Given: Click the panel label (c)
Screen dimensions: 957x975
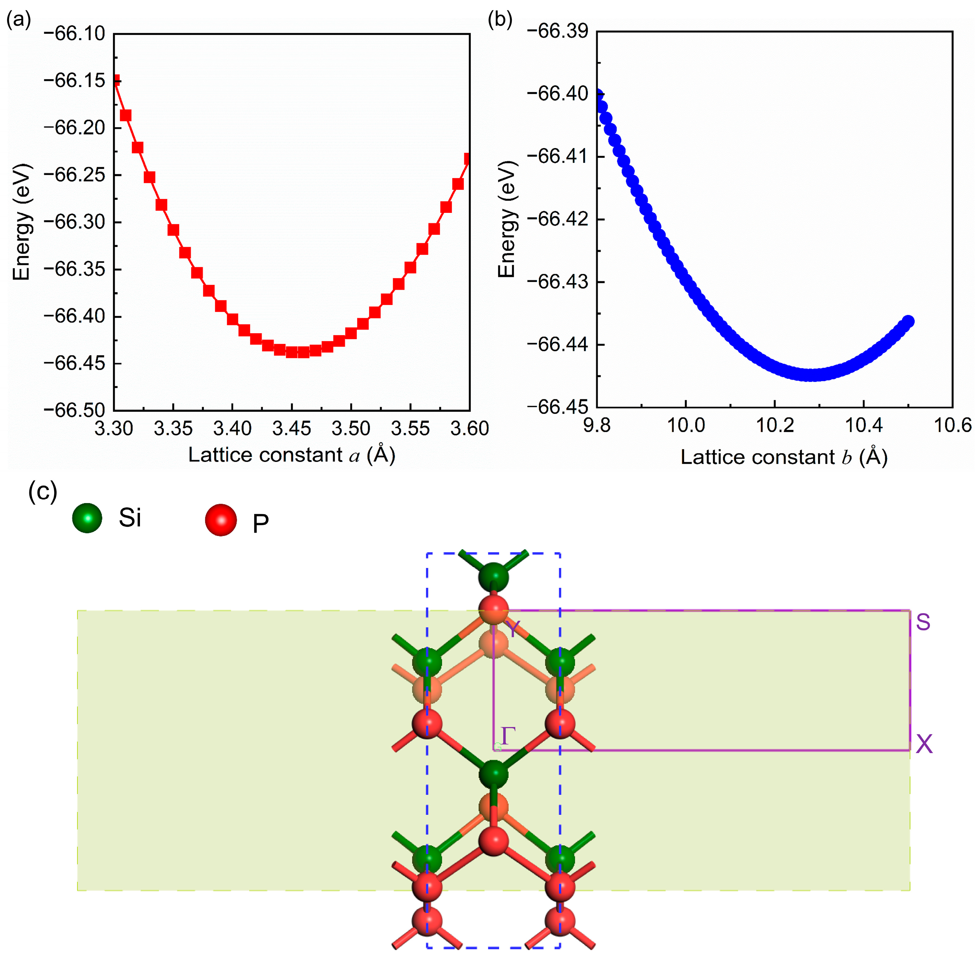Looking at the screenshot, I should point(43,491).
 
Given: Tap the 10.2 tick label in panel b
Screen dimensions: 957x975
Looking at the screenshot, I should point(774,426).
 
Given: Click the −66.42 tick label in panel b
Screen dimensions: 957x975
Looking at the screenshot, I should point(557,220).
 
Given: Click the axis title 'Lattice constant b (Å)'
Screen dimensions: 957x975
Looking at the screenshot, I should point(784,457).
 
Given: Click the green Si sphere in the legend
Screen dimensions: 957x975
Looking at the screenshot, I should point(87,518).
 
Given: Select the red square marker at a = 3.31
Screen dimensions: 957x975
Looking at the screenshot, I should point(126,116).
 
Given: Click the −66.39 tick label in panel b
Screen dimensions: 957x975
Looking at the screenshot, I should point(557,31).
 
